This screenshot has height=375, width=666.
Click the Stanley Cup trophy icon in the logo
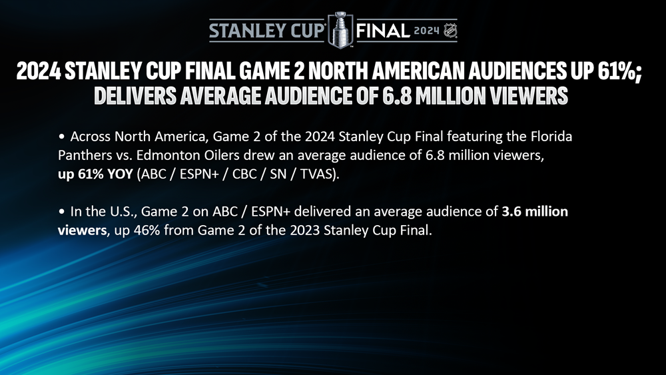point(340,30)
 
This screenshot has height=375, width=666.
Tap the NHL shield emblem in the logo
point(450,31)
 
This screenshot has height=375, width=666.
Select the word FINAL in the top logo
point(383,31)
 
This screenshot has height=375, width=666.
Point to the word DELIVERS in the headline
point(135,95)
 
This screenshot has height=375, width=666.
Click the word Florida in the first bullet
point(551,137)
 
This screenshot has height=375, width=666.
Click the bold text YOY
point(120,174)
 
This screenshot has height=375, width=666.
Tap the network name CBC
point(244,174)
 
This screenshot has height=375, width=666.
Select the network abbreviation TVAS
point(316,174)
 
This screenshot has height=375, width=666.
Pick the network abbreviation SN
point(278,174)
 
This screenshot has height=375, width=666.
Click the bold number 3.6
point(511,212)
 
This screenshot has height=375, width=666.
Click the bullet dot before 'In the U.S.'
point(62,212)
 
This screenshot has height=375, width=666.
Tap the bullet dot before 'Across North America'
point(62,137)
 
